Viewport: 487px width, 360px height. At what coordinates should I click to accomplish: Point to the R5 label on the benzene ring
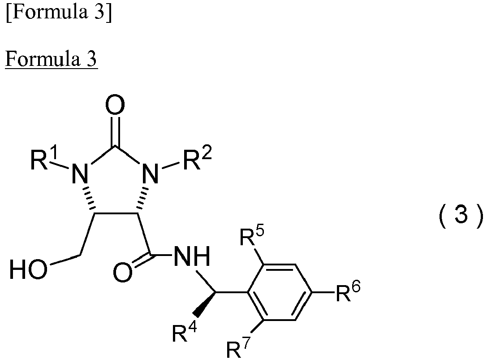[x=252, y=235]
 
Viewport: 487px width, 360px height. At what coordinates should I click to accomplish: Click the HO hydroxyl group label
[x=29, y=269]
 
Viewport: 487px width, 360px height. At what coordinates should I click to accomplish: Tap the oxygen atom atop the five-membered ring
[x=115, y=105]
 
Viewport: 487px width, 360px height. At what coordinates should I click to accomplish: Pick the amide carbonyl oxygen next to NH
[x=123, y=272]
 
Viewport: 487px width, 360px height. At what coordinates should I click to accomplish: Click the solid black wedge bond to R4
[x=204, y=304]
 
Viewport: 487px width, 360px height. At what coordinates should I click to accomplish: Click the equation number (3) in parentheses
[x=461, y=216]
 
